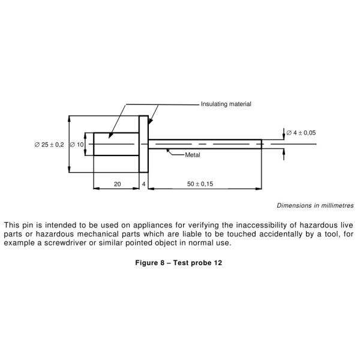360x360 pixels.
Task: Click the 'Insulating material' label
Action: (x=226, y=104)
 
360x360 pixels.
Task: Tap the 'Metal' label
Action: (x=193, y=155)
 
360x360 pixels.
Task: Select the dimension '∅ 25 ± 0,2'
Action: (x=49, y=145)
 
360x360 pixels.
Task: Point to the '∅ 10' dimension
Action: (x=77, y=145)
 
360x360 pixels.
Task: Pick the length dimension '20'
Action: (x=117, y=184)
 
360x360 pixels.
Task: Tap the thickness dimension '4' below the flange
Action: (x=143, y=184)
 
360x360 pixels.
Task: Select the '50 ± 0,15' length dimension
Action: (x=200, y=184)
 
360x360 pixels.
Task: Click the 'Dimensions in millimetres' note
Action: (x=314, y=205)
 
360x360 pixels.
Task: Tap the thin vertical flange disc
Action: (x=143, y=145)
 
